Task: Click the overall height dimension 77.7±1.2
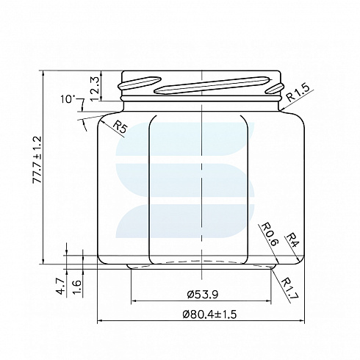tap(37, 159)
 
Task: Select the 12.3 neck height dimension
tap(94, 89)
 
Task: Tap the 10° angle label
tap(67, 99)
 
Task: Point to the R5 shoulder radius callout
tap(120, 127)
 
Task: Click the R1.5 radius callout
tap(298, 93)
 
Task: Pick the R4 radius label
tap(292, 240)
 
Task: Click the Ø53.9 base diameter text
tap(202, 294)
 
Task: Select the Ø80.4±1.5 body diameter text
tap(209, 314)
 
